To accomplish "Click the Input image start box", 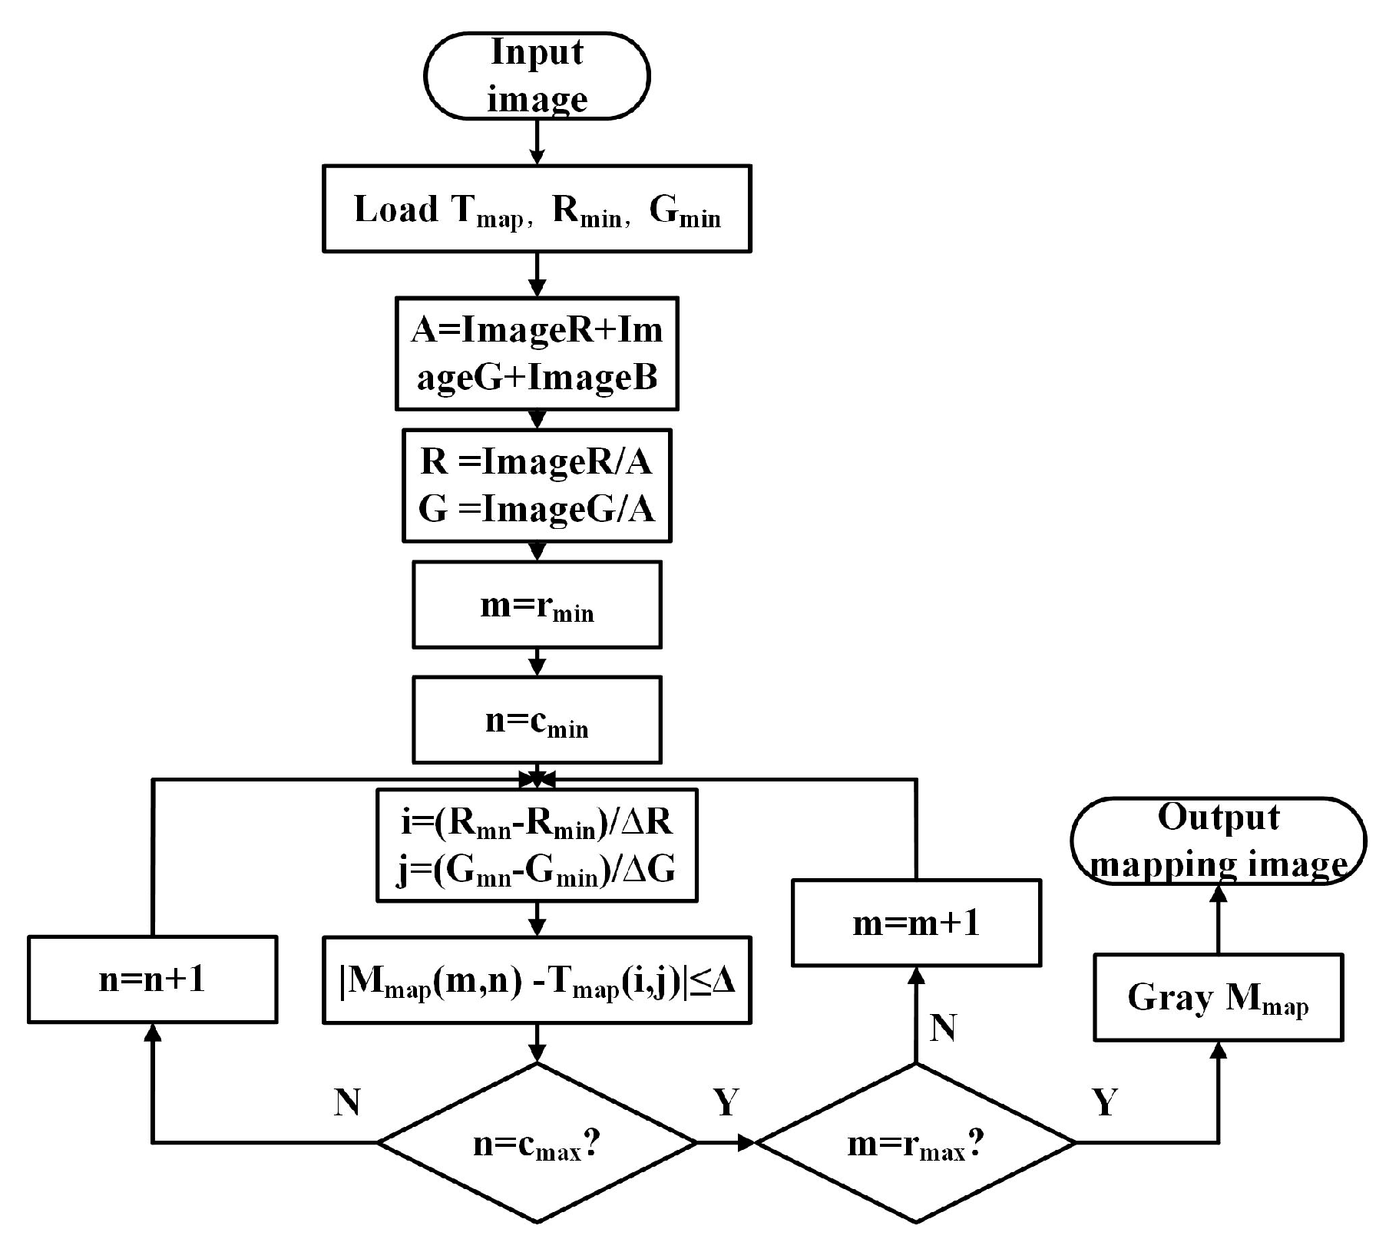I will click(537, 76).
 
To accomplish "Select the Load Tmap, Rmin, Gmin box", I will click(537, 209).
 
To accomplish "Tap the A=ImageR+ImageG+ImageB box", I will click(537, 354).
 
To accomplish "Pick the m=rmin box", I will click(537, 605).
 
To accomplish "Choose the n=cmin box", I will click(537, 720).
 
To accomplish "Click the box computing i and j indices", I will click(537, 845).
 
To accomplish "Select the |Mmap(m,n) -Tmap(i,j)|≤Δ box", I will click(537, 980).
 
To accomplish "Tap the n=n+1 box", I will click(152, 979).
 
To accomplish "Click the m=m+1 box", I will click(916, 923).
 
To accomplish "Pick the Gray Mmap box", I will click(1218, 998).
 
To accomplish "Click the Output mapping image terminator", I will click(1218, 841).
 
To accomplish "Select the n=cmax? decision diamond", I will click(537, 1143).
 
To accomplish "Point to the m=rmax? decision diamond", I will click(916, 1143).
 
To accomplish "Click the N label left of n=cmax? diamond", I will click(347, 1102).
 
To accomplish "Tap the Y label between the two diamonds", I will click(726, 1102).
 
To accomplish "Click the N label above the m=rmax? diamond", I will click(943, 1028).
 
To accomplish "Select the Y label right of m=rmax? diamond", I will click(1105, 1102).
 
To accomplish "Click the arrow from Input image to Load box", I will click(537, 142).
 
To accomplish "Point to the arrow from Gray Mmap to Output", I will click(1218, 920).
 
